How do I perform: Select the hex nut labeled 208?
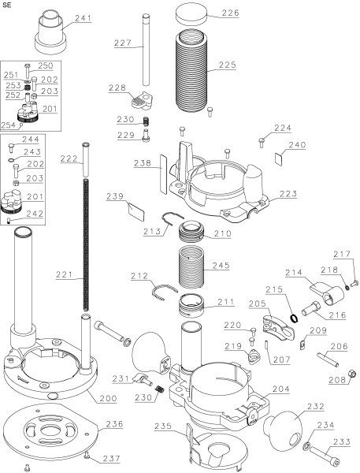[345, 370]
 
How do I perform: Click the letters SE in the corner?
[9, 6]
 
